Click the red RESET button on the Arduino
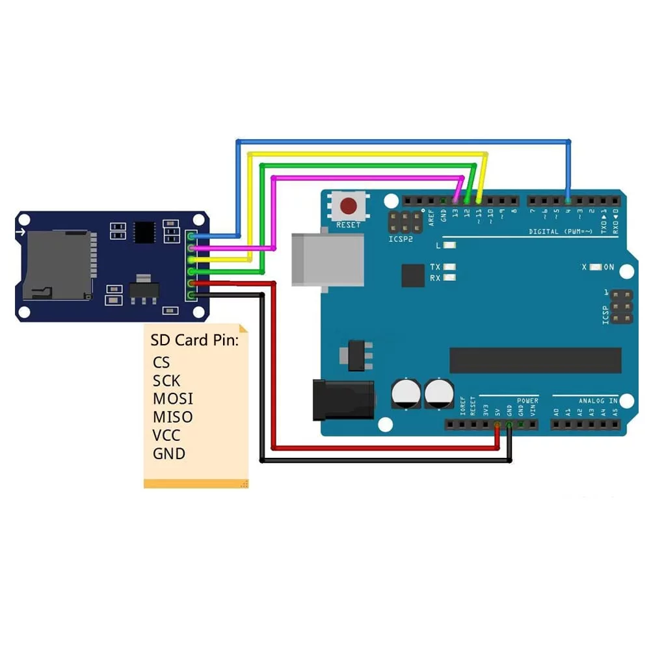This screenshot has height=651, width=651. tap(349, 207)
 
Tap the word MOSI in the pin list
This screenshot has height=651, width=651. tap(173, 399)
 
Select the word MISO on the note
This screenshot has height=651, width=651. tap(173, 417)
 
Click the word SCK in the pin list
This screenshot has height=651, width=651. tap(166, 380)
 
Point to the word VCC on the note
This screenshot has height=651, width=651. tap(166, 435)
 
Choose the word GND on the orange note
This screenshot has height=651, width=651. tap(169, 453)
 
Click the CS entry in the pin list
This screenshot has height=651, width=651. tap(161, 362)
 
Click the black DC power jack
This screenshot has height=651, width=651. tap(343, 399)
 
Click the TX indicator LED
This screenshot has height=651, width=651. tap(449, 267)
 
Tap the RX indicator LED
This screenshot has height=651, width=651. tap(449, 278)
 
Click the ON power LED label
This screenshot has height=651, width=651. tap(609, 267)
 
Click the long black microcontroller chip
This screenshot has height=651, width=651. tap(535, 360)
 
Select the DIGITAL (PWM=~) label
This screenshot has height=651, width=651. tap(561, 232)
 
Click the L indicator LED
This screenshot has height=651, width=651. tap(449, 245)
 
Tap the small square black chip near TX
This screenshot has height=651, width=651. tap(413, 275)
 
